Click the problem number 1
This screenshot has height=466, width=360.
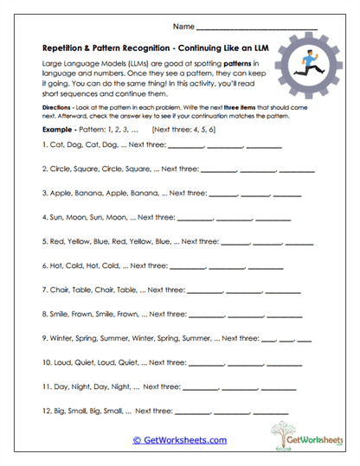tap(44, 145)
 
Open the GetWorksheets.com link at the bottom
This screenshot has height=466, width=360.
tap(179, 440)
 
